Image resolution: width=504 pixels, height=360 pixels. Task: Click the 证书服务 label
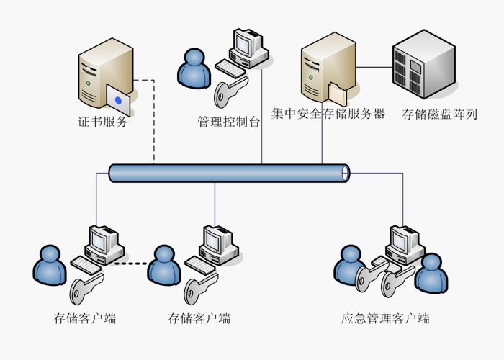tap(103, 122)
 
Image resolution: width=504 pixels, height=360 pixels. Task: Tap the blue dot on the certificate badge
tap(118, 100)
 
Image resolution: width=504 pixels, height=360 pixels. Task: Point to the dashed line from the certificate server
tap(153, 122)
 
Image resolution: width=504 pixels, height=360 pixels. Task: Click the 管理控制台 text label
tap(229, 121)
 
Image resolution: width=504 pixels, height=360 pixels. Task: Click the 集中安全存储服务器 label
tap(328, 114)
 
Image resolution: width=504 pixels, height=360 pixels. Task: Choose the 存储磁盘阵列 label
tap(439, 114)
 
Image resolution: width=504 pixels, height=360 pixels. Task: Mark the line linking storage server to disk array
tap(374, 68)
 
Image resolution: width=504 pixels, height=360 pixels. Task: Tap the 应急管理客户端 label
tap(385, 318)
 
